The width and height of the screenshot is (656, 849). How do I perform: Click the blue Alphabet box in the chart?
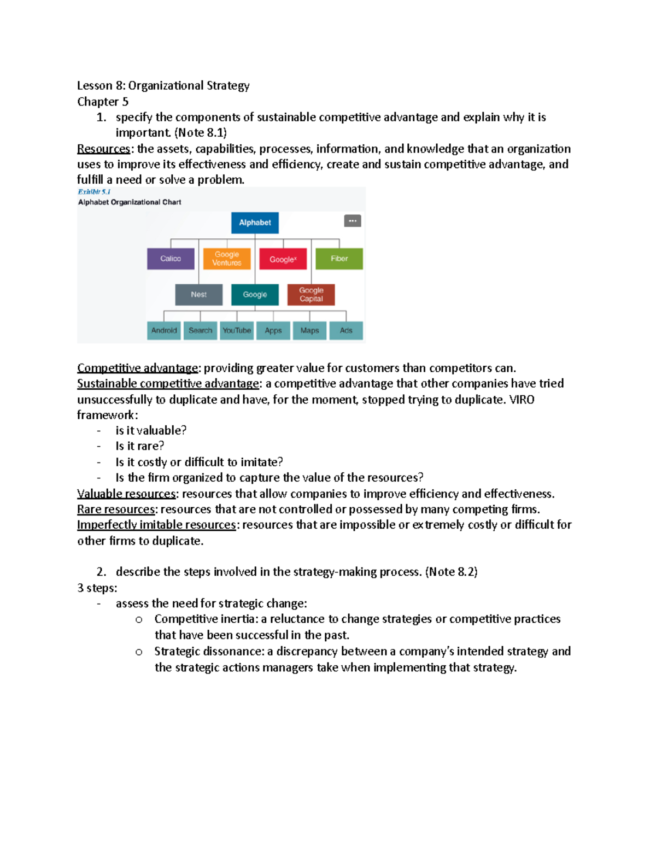(x=255, y=223)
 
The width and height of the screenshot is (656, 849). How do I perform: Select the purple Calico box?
(x=171, y=259)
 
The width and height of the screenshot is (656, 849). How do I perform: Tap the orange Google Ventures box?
(x=227, y=259)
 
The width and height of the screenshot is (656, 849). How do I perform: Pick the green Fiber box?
(x=339, y=259)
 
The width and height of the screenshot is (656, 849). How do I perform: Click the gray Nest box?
(x=198, y=295)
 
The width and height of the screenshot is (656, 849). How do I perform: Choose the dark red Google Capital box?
(x=311, y=295)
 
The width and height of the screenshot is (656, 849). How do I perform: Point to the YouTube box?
(x=237, y=331)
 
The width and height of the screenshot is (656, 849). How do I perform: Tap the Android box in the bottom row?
(x=164, y=331)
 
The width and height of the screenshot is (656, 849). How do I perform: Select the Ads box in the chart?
(x=346, y=331)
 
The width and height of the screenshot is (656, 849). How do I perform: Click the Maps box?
(x=309, y=331)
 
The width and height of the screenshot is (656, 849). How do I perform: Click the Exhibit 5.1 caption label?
(x=94, y=192)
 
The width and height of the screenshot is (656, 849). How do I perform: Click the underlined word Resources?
(x=103, y=149)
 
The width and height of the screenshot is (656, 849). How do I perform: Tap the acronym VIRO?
(x=522, y=400)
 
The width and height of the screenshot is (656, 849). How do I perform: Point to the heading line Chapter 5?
(x=103, y=102)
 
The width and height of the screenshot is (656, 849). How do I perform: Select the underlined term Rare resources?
(x=116, y=510)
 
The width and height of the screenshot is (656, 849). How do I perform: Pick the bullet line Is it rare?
(x=139, y=446)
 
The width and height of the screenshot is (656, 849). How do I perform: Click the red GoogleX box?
(x=283, y=259)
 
